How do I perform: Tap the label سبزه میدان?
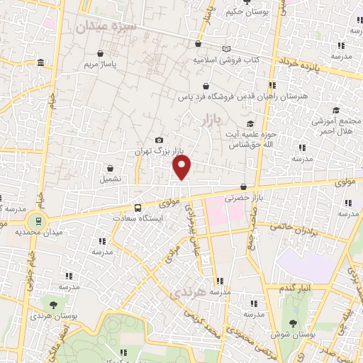coord(101,27)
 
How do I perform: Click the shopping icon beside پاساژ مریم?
coord(100,53)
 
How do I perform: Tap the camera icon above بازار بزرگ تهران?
coord(159,140)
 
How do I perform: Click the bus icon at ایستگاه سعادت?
coord(137,208)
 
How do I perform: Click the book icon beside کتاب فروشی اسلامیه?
coord(226,49)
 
